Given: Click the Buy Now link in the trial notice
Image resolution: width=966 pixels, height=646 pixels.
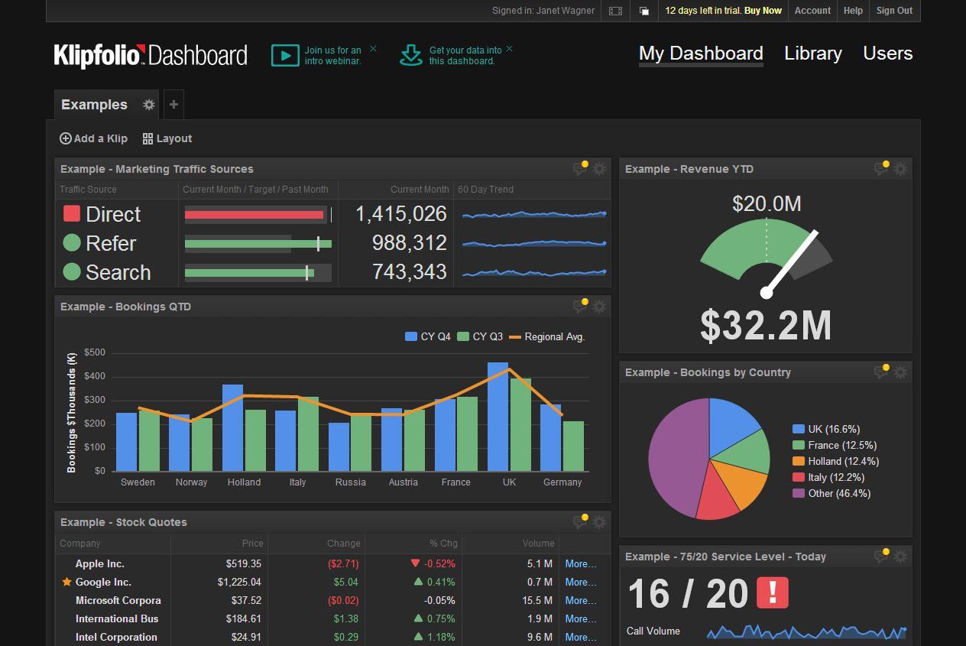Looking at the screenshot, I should click(x=763, y=11).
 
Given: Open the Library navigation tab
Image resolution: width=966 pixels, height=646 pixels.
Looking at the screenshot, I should click(x=812, y=54).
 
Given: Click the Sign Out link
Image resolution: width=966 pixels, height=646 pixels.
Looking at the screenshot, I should click(x=894, y=11).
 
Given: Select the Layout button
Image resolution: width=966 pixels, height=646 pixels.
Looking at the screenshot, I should click(x=167, y=138).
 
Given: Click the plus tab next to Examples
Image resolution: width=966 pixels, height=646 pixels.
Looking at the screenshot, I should click(x=173, y=105).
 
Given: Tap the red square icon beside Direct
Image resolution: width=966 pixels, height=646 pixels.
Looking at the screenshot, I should click(x=72, y=214).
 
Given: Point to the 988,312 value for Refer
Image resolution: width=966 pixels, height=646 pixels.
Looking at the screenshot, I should click(x=409, y=243).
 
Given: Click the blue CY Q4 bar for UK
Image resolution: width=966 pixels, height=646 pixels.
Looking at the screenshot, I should click(x=498, y=417).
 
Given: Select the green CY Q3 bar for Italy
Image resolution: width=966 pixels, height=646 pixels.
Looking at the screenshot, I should click(x=308, y=433).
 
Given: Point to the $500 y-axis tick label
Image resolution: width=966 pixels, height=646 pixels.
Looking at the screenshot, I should click(x=95, y=352).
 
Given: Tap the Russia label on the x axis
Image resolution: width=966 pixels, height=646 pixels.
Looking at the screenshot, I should click(x=350, y=482).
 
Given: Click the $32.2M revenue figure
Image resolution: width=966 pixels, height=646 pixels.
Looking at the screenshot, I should click(x=766, y=326).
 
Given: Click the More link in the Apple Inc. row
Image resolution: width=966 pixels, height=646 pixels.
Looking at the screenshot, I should click(x=580, y=563).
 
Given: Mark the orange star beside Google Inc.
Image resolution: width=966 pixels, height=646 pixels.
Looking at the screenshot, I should click(x=66, y=583).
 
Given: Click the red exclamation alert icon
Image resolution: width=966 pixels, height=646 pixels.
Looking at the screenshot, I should click(x=772, y=593).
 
